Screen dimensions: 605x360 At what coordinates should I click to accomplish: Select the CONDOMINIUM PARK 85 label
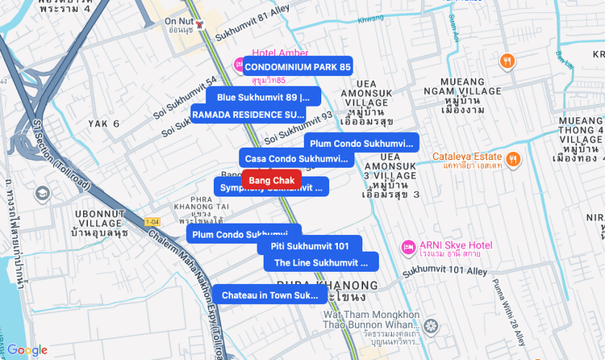[x=298, y=66]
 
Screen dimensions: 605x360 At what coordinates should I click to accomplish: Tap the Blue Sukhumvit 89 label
[x=263, y=97]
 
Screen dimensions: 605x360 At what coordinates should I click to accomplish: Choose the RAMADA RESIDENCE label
[x=248, y=114]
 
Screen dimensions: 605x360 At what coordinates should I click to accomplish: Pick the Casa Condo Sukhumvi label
[x=295, y=158]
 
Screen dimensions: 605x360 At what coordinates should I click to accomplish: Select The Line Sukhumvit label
[x=321, y=262]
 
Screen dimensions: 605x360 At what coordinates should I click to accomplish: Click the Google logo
[x=28, y=350]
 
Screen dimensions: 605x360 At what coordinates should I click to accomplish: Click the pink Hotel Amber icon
[x=239, y=65]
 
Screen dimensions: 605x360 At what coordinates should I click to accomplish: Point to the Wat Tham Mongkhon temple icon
[x=432, y=326]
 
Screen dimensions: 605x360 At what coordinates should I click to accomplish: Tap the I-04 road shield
[x=152, y=221]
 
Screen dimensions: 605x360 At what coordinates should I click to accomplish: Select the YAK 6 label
[x=104, y=123]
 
